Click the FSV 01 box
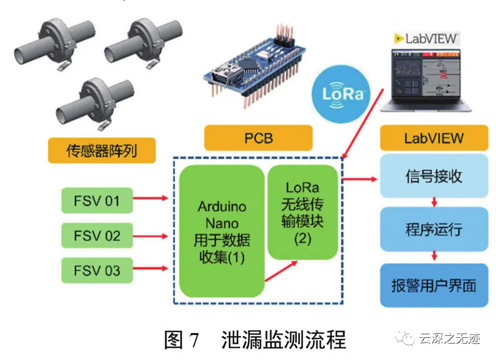click(x=97, y=201)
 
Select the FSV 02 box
click(x=97, y=236)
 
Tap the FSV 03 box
click(x=97, y=271)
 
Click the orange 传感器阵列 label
click(x=102, y=151)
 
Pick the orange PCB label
click(x=258, y=139)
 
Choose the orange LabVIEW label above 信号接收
click(x=434, y=138)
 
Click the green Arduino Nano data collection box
click(x=222, y=231)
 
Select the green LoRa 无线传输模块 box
click(x=302, y=212)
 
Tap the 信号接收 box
click(x=434, y=176)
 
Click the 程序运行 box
click(x=434, y=228)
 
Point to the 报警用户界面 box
click(x=434, y=285)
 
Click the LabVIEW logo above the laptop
click(x=427, y=39)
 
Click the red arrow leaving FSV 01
click(x=151, y=200)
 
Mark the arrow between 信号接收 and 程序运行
click(x=434, y=202)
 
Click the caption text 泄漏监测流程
click(x=284, y=340)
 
